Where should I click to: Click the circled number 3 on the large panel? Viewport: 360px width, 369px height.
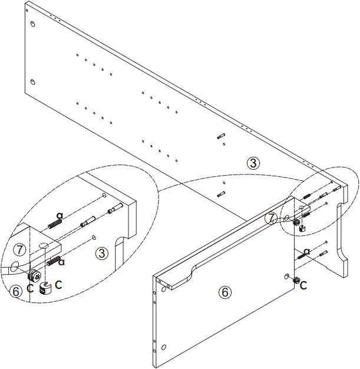pyautogui.click(x=253, y=163)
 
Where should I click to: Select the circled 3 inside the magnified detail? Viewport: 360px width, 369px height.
pyautogui.click(x=102, y=253)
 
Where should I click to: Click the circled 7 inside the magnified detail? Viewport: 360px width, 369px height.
pyautogui.click(x=19, y=249)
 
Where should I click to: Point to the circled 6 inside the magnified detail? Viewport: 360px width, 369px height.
pyautogui.click(x=16, y=291)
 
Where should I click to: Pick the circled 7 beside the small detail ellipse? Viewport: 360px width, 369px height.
pyautogui.click(x=270, y=218)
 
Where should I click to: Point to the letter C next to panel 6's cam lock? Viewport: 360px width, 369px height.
pyautogui.click(x=303, y=286)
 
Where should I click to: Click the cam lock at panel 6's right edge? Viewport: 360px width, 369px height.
pyautogui.click(x=296, y=280)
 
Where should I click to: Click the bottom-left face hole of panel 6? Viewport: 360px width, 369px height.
pyautogui.click(x=164, y=346)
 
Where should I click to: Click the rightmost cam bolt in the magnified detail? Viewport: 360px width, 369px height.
pyautogui.click(x=115, y=208)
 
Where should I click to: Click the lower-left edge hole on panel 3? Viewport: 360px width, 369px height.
pyautogui.click(x=33, y=81)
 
